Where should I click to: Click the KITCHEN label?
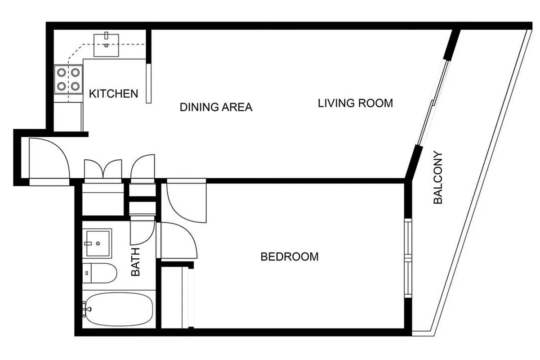pyautogui.click(x=113, y=94)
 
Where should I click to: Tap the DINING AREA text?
pyautogui.click(x=216, y=108)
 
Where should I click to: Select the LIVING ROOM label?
pyautogui.click(x=355, y=103)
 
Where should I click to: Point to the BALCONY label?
pyautogui.click(x=438, y=177)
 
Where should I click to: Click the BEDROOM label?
pyautogui.click(x=290, y=257)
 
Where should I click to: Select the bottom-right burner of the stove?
pyautogui.click(x=76, y=85)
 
